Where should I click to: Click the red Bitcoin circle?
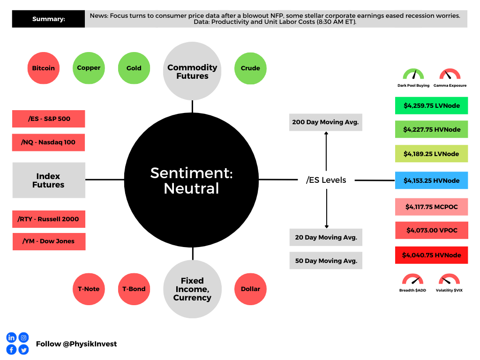coord(44,68)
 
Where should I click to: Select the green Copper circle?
coord(89,68)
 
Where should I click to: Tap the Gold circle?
coord(134,68)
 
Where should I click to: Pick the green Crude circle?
coord(250,68)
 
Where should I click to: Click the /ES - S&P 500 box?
coord(49,119)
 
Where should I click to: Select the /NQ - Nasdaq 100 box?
coord(49,142)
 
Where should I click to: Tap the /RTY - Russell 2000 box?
coord(49,219)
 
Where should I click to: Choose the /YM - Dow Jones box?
coord(49,241)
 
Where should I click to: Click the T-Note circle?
coord(89,289)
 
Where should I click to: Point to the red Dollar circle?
coord(250,289)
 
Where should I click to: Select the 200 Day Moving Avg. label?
coord(325,122)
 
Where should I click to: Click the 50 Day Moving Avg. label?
coord(326,261)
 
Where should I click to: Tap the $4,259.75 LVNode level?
coord(431,105)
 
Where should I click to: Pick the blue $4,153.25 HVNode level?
coord(431,180)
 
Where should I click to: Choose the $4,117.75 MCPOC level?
coord(431,207)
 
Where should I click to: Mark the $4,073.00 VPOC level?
coord(431,230)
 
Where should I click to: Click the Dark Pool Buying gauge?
coord(413,75)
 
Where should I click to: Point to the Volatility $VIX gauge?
coord(449,280)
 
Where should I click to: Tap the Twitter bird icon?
coord(23,349)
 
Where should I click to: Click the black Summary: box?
coord(49,19)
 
